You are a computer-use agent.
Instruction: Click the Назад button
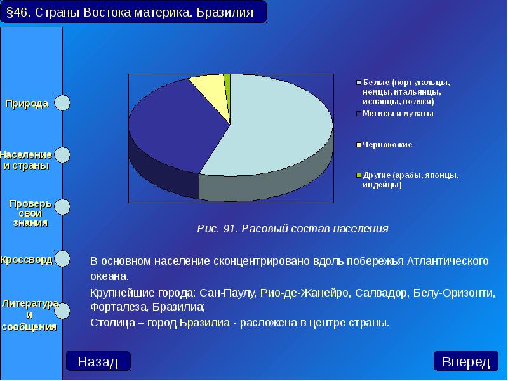pyautogui.click(x=98, y=361)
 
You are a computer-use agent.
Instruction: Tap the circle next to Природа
pyautogui.click(x=62, y=103)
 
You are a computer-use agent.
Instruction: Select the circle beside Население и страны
pyautogui.click(x=62, y=154)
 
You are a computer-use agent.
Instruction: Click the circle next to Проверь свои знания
pyautogui.click(x=62, y=206)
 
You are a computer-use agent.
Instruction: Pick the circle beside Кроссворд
pyautogui.click(x=62, y=258)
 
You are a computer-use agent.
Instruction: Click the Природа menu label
pyautogui.click(x=27, y=104)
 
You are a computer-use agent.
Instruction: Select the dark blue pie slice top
pyautogui.click(x=171, y=127)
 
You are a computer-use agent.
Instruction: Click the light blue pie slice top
pyautogui.click(x=279, y=127)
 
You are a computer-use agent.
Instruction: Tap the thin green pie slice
pyautogui.click(x=227, y=79)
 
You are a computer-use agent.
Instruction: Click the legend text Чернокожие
pyautogui.click(x=387, y=145)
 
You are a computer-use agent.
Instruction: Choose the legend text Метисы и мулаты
pyautogui.click(x=398, y=114)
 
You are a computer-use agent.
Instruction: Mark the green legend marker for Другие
pyautogui.click(x=359, y=175)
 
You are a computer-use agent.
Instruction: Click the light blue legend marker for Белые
pyautogui.click(x=359, y=83)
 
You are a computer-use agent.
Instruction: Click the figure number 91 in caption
pyautogui.click(x=229, y=229)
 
